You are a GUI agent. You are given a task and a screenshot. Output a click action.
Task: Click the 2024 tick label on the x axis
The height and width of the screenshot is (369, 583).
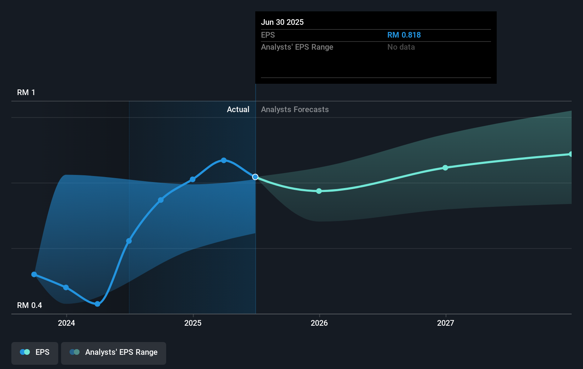click(x=66, y=323)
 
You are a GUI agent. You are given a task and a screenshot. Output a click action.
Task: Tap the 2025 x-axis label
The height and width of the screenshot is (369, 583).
click(x=193, y=323)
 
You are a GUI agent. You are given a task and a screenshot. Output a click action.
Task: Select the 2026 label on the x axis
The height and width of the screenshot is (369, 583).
click(x=319, y=323)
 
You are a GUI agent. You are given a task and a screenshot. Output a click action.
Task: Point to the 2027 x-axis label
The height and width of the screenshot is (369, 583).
click(x=446, y=323)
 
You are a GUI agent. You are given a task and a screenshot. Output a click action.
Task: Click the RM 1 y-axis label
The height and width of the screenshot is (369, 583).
click(x=26, y=93)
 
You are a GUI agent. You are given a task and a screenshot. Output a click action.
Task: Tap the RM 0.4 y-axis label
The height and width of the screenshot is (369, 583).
click(x=29, y=305)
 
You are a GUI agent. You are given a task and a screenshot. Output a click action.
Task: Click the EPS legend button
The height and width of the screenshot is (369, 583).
click(x=35, y=352)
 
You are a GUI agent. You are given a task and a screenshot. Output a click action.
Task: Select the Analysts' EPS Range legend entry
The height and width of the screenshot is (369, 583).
click(x=114, y=352)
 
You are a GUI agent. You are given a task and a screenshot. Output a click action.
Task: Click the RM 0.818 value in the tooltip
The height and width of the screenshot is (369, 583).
click(x=404, y=35)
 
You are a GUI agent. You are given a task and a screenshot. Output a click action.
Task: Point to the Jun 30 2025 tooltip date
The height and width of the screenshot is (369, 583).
click(x=282, y=22)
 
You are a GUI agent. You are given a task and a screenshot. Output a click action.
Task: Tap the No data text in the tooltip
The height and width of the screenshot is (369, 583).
click(x=401, y=47)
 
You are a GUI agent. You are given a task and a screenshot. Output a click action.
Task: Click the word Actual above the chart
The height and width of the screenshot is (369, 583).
click(x=238, y=110)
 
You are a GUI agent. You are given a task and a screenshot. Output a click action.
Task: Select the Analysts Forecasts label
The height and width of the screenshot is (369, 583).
click(x=295, y=110)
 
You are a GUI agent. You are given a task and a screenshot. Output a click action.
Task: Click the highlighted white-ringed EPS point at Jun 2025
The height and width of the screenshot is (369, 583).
click(x=255, y=177)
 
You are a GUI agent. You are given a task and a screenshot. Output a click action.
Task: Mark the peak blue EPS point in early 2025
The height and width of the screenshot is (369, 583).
click(x=224, y=160)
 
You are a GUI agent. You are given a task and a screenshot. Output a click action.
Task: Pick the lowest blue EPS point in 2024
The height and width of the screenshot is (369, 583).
click(x=98, y=304)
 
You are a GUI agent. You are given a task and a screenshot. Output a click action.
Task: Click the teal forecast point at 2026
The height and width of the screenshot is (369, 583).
click(x=319, y=191)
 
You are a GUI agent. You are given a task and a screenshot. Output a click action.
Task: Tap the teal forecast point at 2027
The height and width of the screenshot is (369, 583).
click(x=445, y=167)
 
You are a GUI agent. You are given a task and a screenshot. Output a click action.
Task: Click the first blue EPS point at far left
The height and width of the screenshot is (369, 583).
click(x=34, y=274)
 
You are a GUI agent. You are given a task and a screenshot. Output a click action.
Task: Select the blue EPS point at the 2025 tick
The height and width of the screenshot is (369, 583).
click(x=192, y=180)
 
